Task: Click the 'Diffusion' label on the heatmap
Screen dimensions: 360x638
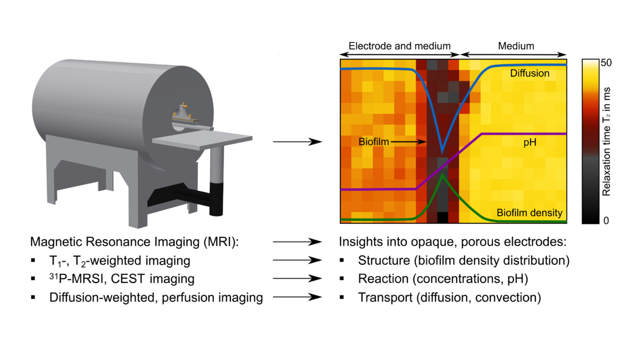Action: pyautogui.click(x=530, y=73)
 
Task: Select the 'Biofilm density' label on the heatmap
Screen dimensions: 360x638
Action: pyautogui.click(x=529, y=213)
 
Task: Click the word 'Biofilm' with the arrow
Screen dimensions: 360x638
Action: pyautogui.click(x=374, y=142)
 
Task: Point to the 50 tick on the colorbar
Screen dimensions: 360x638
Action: pyautogui.click(x=606, y=63)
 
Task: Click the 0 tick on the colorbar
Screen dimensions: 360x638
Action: pyautogui.click(x=606, y=220)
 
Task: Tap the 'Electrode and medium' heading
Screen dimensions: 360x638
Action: pyautogui.click(x=399, y=46)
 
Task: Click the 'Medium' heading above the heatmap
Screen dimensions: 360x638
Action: pyautogui.click(x=516, y=46)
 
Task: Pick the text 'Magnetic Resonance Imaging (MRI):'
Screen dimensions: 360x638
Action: pyautogui.click(x=136, y=242)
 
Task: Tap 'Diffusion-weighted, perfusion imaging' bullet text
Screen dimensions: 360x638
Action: pyautogui.click(x=156, y=298)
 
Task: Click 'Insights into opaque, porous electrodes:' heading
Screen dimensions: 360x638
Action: pyautogui.click(x=453, y=242)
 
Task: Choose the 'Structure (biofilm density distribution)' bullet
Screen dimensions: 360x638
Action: pyautogui.click(x=464, y=261)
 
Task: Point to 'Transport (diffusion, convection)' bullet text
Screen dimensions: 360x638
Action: pyautogui.click(x=449, y=298)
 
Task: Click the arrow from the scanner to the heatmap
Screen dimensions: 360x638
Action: pyautogui.click(x=298, y=142)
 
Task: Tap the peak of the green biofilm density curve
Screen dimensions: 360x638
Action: pyautogui.click(x=442, y=177)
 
